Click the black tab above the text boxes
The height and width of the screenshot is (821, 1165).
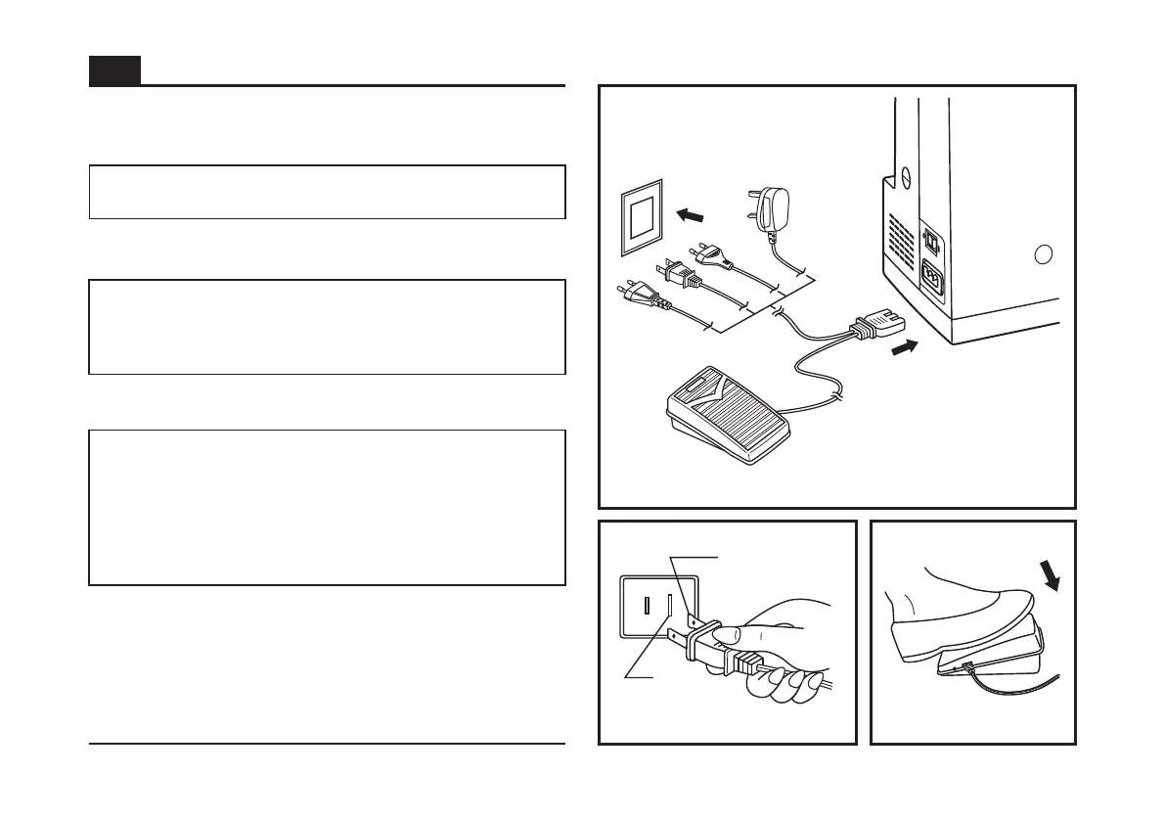coord(114,70)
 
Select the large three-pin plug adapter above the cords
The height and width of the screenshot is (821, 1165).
coord(766,208)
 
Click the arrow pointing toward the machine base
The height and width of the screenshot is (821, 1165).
coord(906,348)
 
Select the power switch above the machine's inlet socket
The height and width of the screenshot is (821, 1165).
coord(932,241)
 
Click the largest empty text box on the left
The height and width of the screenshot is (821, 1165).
coord(327,507)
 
